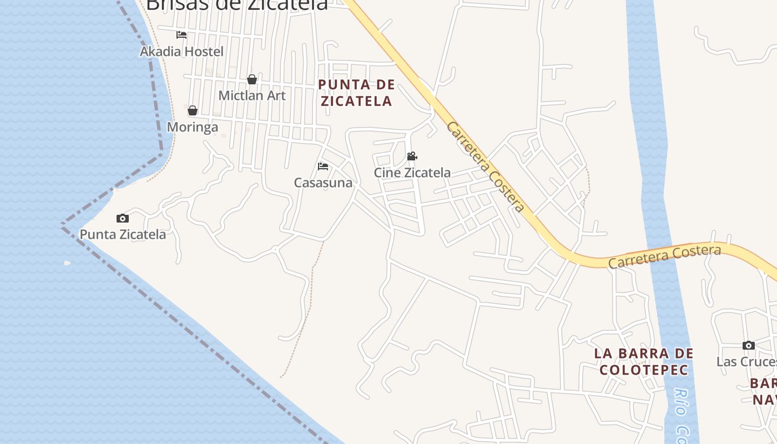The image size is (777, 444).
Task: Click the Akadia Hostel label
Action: [181, 52]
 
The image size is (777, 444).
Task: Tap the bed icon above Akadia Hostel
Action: [181, 35]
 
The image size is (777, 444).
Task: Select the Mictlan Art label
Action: [252, 95]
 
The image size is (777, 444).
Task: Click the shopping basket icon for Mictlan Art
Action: [252, 79]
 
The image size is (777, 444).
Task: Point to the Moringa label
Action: [193, 127]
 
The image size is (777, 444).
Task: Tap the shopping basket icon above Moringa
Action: [193, 110]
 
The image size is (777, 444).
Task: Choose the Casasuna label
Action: [323, 183]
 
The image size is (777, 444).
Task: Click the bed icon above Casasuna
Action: [323, 167]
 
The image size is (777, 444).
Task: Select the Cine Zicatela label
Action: [412, 173]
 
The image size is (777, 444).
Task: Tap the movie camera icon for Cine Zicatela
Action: [412, 157]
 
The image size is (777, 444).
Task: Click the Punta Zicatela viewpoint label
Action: [123, 234]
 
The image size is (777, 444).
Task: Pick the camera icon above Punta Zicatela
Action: [123, 218]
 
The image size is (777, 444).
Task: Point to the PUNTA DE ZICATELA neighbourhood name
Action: [356, 93]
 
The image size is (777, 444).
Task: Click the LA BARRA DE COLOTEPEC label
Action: [644, 361]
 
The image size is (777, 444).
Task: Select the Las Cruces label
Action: [746, 362]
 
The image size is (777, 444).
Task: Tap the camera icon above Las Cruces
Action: [749, 345]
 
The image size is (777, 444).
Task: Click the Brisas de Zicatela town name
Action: [237, 4]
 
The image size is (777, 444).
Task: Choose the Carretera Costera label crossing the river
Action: [664, 256]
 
